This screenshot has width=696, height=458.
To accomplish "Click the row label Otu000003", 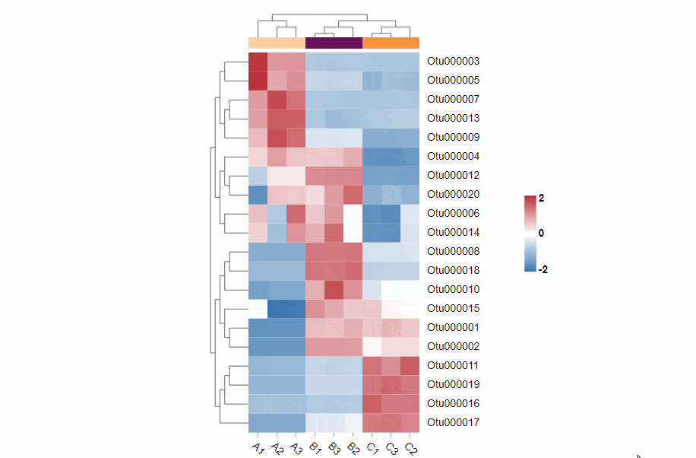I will click(453, 61).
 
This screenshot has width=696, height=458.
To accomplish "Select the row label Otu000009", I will click(453, 137).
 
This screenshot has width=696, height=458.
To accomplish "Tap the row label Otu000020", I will click(453, 194).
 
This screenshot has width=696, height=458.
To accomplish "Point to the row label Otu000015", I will click(453, 308).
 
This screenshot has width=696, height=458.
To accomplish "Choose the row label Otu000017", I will click(453, 422).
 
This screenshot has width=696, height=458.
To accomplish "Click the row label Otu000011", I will click(453, 365).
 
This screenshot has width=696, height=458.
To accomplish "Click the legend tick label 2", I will click(541, 198).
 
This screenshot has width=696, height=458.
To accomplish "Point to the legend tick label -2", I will click(543, 269).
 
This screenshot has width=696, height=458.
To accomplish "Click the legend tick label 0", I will click(541, 233).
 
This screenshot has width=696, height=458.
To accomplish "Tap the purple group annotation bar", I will click(334, 43).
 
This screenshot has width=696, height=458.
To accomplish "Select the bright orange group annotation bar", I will click(391, 43).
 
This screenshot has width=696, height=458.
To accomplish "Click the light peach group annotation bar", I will click(277, 43).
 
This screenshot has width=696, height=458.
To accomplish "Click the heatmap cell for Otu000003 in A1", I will click(258, 61).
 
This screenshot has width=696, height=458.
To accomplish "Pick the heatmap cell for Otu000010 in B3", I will click(334, 289).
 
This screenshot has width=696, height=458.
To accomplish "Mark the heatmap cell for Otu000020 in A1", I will click(258, 194).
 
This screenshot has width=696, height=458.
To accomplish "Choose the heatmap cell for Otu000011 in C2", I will click(410, 365).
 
